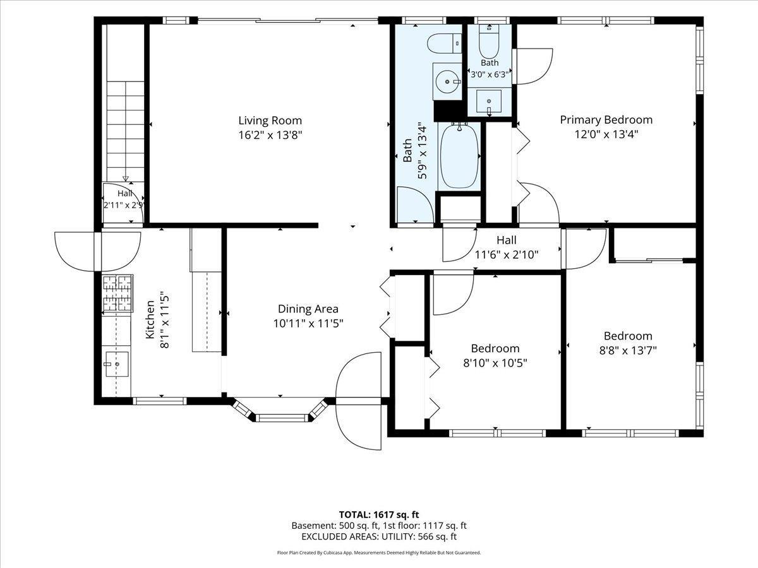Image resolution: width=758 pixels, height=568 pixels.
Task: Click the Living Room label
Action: pyautogui.click(x=270, y=121)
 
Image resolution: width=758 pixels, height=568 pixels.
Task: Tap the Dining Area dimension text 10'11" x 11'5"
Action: pyautogui.click(x=308, y=324)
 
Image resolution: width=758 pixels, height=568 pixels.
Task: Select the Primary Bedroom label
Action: pyautogui.click(x=606, y=120)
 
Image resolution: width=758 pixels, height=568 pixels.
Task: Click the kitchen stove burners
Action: pyautogui.click(x=117, y=293)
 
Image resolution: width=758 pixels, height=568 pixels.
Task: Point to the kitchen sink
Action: pyautogui.click(x=117, y=364)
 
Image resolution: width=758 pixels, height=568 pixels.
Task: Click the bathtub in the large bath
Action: pyautogui.click(x=459, y=157)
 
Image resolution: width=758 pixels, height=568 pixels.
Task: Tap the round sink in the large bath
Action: pyautogui.click(x=448, y=82)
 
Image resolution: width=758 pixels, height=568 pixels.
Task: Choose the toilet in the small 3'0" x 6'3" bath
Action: pyautogui.click(x=489, y=42)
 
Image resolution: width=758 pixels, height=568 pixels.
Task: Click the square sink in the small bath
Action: pyautogui.click(x=489, y=102)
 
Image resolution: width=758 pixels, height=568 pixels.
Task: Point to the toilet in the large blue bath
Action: pyautogui.click(x=445, y=44)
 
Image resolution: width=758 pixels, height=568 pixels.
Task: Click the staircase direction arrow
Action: pyautogui.click(x=126, y=179)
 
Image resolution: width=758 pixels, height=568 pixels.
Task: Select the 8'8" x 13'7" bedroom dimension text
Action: pyautogui.click(x=628, y=351)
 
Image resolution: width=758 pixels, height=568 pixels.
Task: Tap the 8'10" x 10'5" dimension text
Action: pyautogui.click(x=495, y=363)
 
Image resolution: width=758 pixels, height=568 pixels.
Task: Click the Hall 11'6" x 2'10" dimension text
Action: pyautogui.click(x=507, y=255)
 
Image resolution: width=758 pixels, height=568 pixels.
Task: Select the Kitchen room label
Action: pyautogui.click(x=150, y=319)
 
